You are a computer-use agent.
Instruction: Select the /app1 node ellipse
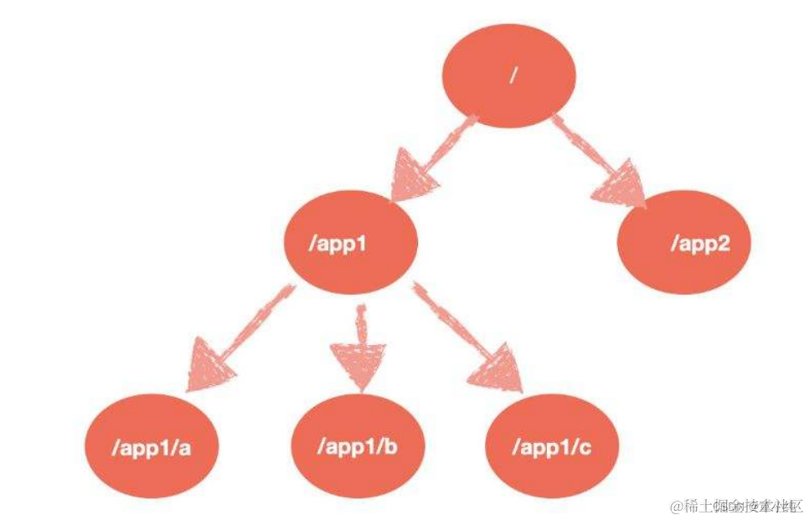(x=351, y=245)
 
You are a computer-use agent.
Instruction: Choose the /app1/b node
(x=357, y=445)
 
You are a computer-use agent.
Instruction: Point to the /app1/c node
(x=552, y=445)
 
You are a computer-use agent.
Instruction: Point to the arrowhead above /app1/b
(x=361, y=365)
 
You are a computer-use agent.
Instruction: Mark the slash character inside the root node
(x=513, y=75)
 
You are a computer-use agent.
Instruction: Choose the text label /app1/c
(x=552, y=445)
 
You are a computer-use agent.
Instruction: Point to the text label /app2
(x=699, y=245)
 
